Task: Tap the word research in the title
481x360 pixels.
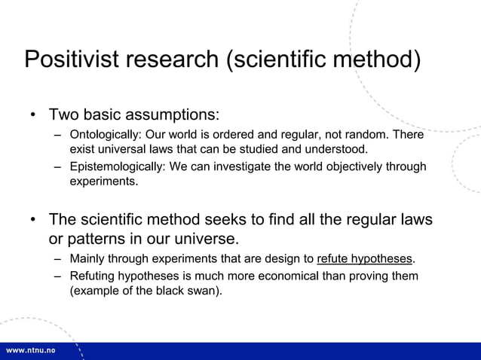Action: pos(174,59)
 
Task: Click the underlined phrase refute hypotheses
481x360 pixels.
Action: pos(365,259)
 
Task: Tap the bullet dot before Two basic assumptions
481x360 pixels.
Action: pos(33,116)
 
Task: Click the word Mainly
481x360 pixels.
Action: pos(87,259)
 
